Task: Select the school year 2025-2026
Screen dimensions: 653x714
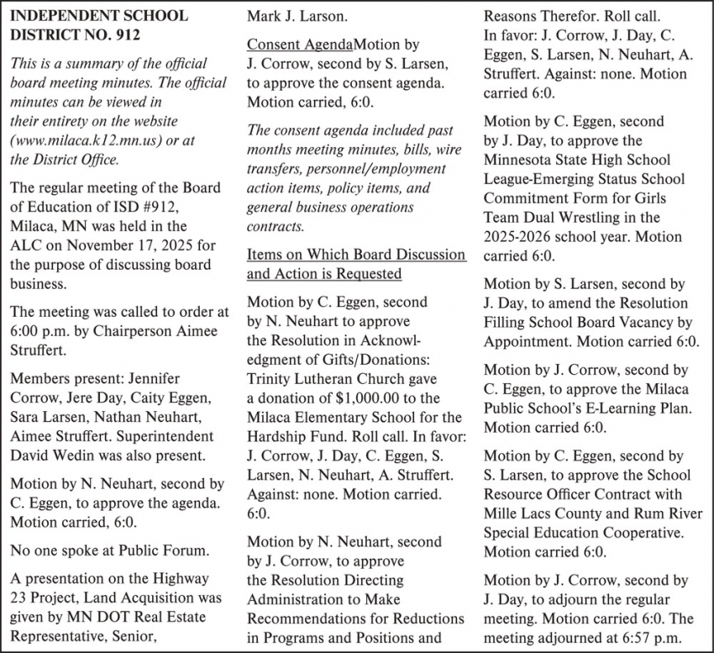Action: [522, 237]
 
